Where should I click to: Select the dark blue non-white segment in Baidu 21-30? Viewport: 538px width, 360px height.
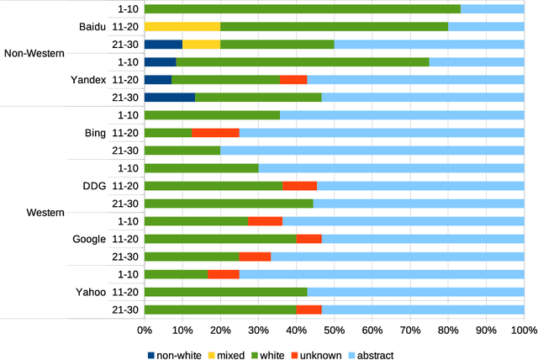[x=163, y=44]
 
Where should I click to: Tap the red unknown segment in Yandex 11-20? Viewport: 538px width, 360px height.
[x=293, y=79]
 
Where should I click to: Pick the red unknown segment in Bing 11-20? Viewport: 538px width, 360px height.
[x=215, y=133]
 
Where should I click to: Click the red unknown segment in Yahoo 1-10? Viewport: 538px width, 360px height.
[x=224, y=274]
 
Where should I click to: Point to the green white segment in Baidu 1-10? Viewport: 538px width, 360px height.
[x=303, y=8]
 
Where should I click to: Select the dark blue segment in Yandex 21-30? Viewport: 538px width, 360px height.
[x=170, y=97]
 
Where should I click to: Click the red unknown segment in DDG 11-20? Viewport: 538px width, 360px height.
[x=299, y=186]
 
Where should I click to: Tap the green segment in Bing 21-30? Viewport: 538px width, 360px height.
[x=182, y=151]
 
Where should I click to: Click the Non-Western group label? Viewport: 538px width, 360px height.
[x=34, y=53]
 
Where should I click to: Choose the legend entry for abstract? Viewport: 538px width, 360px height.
[x=370, y=354]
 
